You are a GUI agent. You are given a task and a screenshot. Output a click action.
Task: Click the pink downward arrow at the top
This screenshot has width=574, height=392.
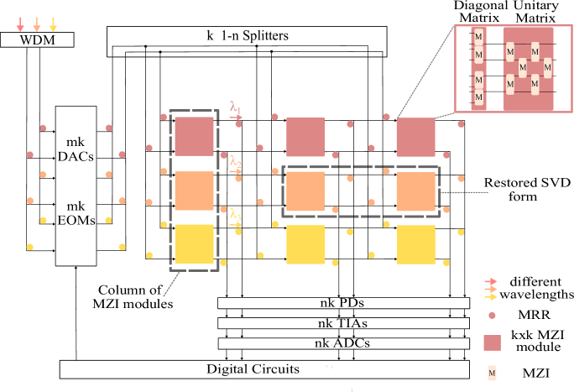pos(20,24)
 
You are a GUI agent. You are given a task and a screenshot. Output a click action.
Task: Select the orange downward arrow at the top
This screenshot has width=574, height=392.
pos(36,24)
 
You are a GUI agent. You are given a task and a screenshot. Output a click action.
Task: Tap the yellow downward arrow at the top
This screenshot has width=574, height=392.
pos(53,24)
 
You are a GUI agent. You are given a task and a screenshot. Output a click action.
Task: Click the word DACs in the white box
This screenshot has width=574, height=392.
pos(76,156)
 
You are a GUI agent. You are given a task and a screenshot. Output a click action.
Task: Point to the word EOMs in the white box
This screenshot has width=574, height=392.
pos(76,221)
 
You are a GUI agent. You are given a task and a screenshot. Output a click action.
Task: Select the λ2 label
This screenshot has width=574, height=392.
pos(235,161)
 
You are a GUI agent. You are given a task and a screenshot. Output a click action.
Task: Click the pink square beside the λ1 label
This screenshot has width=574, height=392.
pos(194,137)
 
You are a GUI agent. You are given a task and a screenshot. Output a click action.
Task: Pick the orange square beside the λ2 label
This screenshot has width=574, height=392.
pos(194,191)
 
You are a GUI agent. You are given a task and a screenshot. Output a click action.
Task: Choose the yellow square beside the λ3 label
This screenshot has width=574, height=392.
pos(194,244)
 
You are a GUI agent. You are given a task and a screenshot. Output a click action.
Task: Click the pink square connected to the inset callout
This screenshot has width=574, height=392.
pos(416,137)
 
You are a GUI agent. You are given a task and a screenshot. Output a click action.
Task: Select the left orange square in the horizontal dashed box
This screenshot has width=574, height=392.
pos(305,191)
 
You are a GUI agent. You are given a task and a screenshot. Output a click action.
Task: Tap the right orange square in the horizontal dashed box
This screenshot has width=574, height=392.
pos(416,191)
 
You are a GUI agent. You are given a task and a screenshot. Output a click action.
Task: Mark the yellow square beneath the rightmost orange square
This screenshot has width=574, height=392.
pos(416,244)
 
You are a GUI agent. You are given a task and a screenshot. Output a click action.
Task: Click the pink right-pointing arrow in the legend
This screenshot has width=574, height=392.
pos(491,282)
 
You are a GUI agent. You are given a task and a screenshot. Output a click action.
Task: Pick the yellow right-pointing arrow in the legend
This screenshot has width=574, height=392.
pos(491,297)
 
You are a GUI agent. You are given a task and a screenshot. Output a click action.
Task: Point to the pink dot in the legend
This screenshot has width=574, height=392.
pos(492,316)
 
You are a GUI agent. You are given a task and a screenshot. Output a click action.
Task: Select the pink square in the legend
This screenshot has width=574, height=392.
pos(492,342)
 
